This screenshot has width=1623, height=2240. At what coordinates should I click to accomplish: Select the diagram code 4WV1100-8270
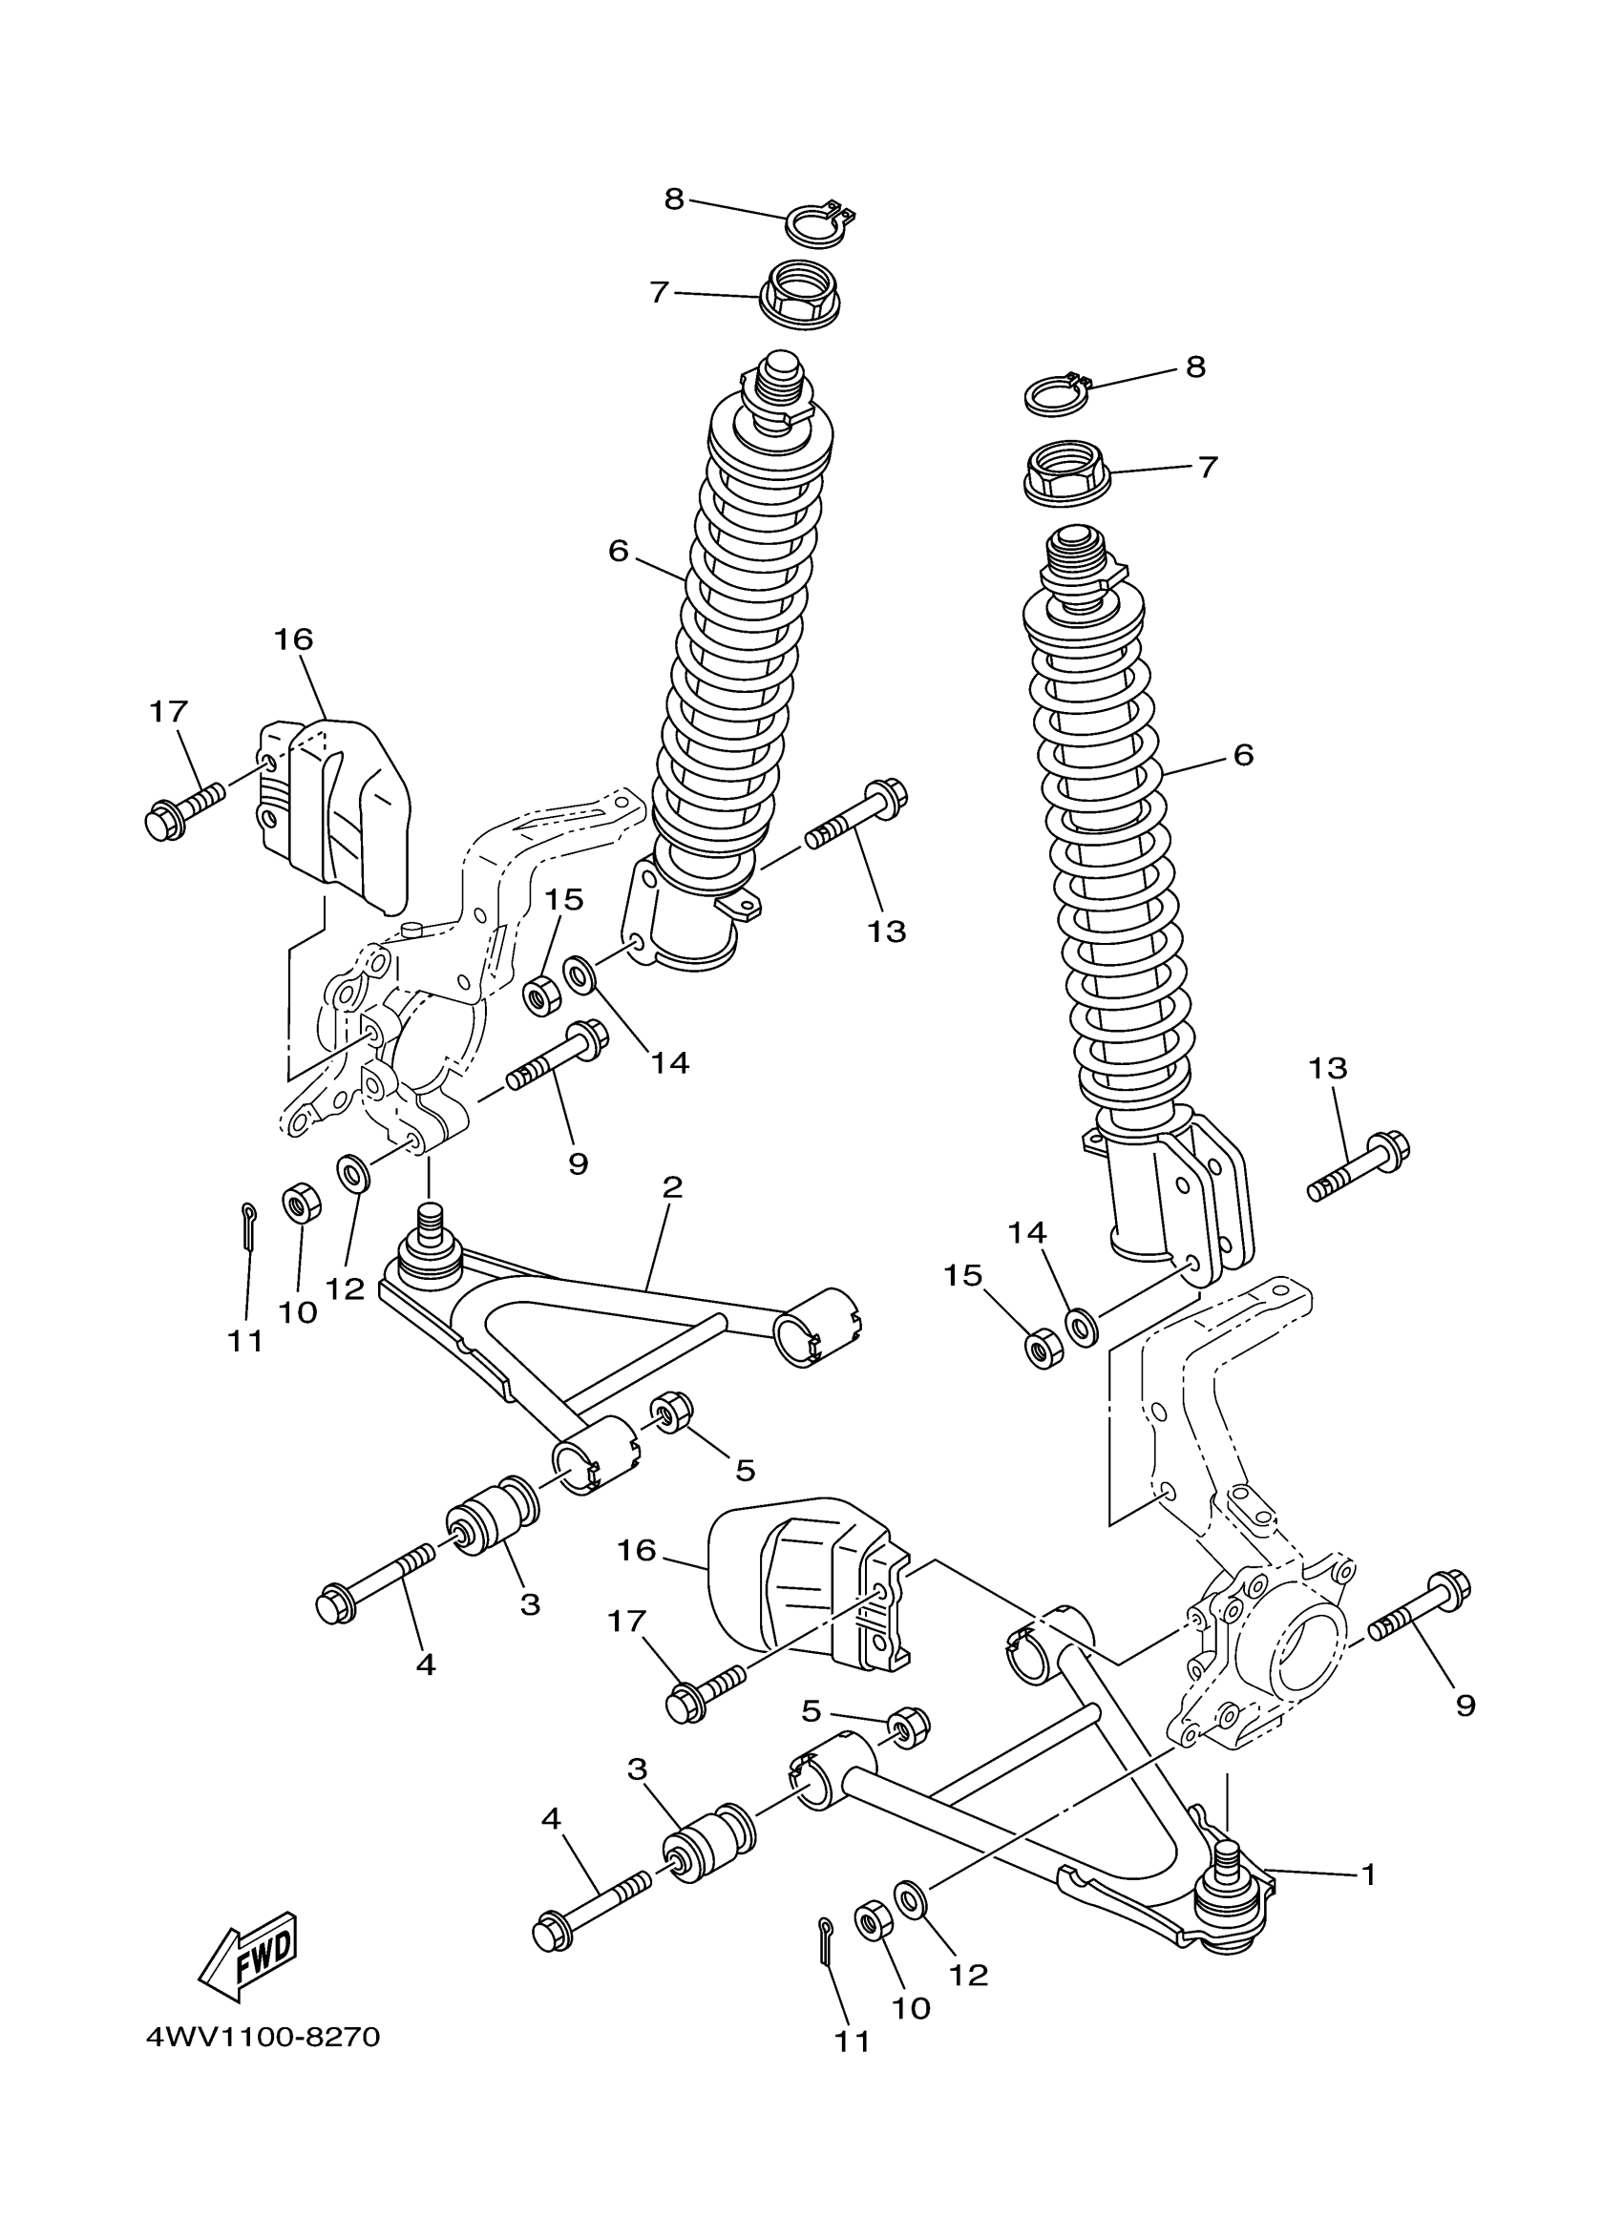pos(263,2037)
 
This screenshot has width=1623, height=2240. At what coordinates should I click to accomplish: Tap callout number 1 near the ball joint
pos(1368,1874)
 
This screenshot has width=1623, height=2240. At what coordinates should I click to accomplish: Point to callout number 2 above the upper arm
pos(672,1186)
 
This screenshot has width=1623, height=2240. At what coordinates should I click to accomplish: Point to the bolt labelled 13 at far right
pos(1361,1167)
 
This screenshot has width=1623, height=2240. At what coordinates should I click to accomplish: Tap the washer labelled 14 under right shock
pos(1080,1326)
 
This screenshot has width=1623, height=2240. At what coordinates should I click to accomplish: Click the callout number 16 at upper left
pos(293,639)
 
